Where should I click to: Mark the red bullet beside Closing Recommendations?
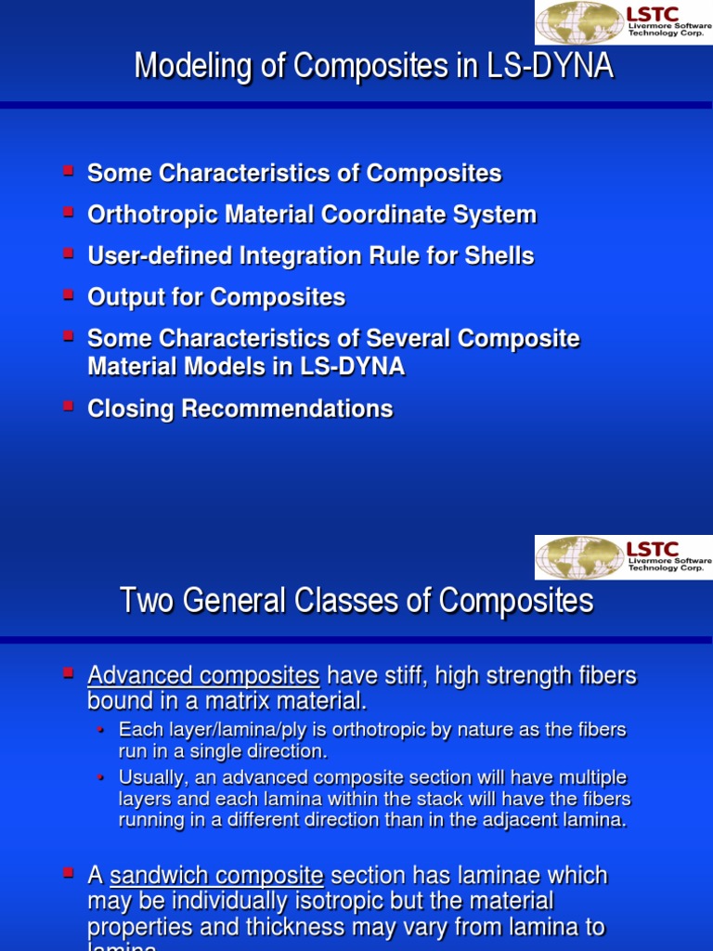pyautogui.click(x=68, y=406)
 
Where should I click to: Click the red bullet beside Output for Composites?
pyautogui.click(x=68, y=294)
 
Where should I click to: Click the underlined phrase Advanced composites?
pyautogui.click(x=203, y=675)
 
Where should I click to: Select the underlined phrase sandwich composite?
pyautogui.click(x=216, y=875)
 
